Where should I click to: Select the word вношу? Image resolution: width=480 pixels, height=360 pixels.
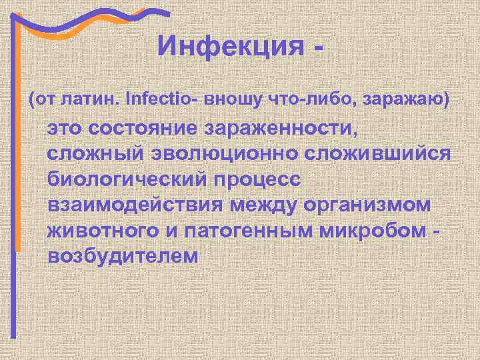click(229, 99)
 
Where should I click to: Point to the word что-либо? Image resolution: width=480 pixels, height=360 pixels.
click(296, 99)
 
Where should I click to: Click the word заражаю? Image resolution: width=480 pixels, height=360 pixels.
click(397, 99)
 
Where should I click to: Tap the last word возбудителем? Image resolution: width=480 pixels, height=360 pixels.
click(123, 257)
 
